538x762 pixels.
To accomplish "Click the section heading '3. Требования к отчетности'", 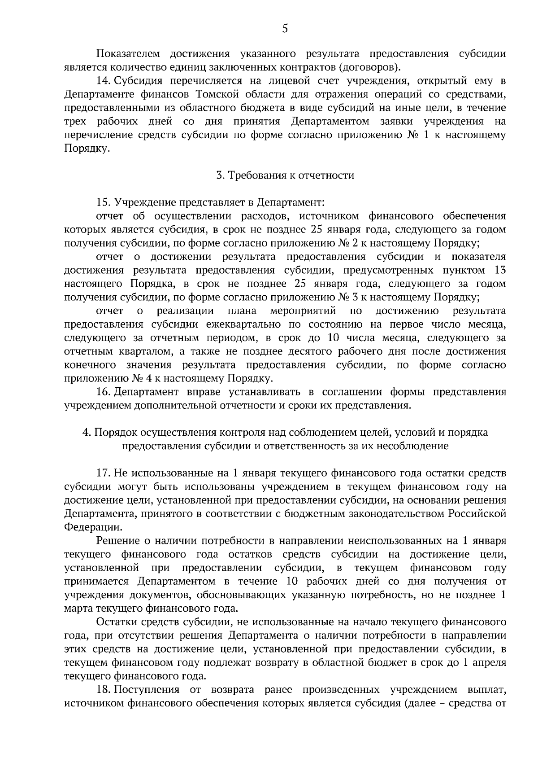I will coord(285,175).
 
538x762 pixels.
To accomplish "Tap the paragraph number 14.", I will coord(103,81).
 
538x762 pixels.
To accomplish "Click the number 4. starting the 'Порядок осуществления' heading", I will coord(87,433).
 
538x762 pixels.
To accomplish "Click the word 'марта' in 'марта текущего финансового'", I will coord(77,609).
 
